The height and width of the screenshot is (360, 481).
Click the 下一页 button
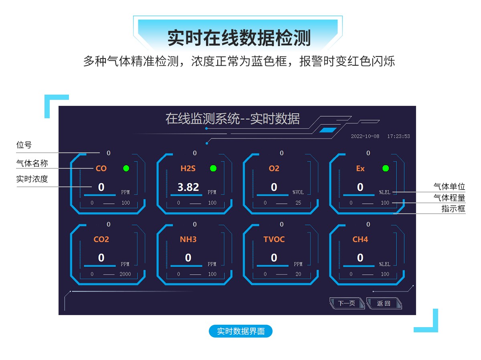(346, 303)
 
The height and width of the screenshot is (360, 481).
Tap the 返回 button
(384, 303)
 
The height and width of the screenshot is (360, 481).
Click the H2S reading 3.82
(188, 187)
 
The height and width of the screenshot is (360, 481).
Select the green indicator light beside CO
(126, 168)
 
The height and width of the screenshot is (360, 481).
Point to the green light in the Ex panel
(386, 168)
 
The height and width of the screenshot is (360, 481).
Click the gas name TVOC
(274, 239)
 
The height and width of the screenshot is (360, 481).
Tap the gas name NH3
(188, 239)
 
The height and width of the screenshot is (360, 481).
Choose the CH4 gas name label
(360, 239)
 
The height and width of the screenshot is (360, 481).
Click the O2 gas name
(274, 168)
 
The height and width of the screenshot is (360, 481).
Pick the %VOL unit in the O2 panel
(298, 192)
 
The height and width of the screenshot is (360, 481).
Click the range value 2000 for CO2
(125, 274)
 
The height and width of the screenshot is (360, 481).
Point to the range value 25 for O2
(298, 203)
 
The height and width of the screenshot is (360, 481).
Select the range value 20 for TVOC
(298, 274)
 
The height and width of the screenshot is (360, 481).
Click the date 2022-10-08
(365, 136)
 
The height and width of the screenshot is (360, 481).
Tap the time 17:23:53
(398, 136)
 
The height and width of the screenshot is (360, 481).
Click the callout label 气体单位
(449, 186)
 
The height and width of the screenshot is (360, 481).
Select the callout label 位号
(24, 145)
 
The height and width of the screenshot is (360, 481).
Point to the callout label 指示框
(453, 209)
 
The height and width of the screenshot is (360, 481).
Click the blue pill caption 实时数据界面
(240, 332)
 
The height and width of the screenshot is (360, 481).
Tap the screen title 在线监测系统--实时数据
(232, 119)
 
